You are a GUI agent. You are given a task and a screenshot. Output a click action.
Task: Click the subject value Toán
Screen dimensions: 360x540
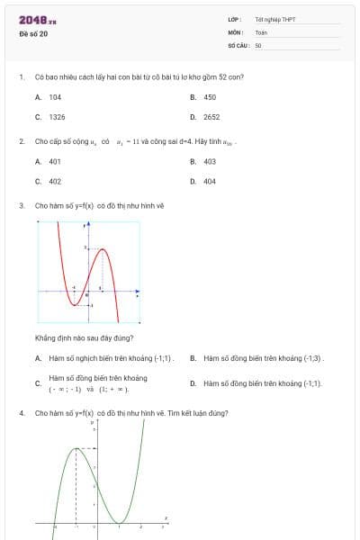261,31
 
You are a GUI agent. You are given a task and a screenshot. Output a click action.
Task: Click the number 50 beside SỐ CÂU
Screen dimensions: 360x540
258,44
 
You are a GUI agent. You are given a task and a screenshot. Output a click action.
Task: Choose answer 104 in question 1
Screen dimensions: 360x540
55,96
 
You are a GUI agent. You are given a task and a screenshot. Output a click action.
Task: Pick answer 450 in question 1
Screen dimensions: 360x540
210,96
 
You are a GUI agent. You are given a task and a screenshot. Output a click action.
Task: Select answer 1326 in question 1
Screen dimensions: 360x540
57,117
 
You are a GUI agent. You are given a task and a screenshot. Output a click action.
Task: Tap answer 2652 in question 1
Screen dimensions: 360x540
211,117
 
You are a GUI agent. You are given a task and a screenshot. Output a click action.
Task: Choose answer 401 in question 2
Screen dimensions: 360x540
55,161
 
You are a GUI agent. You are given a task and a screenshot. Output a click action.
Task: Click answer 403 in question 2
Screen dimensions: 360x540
210,161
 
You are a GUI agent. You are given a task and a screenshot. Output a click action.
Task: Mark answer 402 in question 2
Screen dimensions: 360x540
55,181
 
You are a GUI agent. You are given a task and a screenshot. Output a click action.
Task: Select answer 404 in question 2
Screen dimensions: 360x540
210,181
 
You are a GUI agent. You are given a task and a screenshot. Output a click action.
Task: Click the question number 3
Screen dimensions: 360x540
21,205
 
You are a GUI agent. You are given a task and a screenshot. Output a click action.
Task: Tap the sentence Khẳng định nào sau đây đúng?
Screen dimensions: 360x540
84,337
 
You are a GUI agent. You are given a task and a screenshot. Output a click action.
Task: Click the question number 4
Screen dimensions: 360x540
21,413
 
